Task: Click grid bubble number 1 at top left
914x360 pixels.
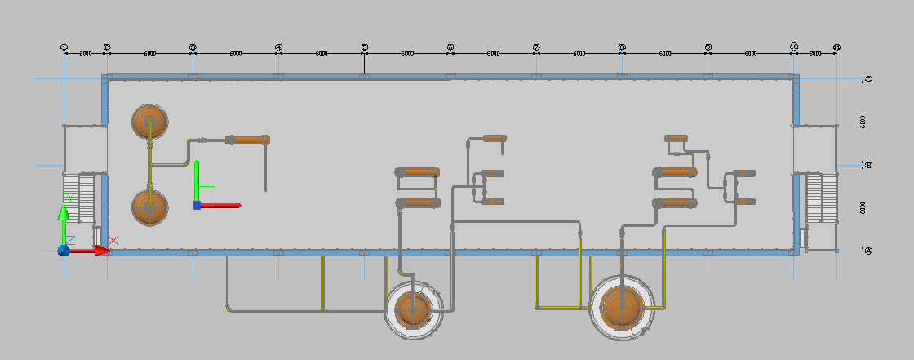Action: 64,47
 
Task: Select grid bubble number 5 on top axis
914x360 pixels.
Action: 364,47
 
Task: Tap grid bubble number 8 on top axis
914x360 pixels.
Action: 622,47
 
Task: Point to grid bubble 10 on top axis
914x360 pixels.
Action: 794,47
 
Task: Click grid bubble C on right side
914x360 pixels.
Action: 868,79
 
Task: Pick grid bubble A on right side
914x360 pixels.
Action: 868,251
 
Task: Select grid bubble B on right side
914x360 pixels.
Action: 868,165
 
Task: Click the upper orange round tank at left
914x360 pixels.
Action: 150,122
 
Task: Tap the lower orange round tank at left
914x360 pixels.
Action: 150,207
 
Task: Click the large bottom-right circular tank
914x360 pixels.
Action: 623,308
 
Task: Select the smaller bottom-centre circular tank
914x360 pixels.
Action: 414,309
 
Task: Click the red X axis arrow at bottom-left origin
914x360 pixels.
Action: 99,251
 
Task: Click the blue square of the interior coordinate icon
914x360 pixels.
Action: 197,205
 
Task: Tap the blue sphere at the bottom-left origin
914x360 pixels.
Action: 63,251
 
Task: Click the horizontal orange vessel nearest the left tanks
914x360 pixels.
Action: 248,140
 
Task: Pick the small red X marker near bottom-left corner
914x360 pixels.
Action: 113,240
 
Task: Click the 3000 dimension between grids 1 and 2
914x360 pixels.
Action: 85,53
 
